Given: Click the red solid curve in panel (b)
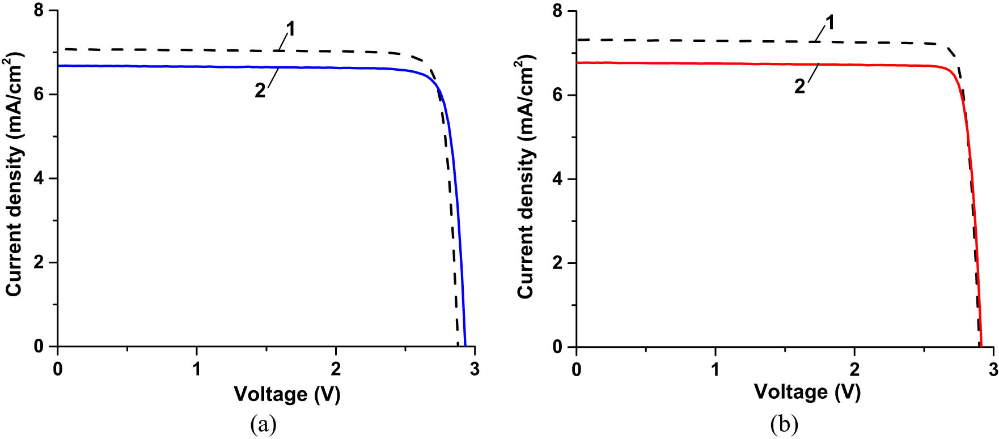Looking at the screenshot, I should (680, 63).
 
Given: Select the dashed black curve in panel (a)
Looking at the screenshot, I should (170, 50).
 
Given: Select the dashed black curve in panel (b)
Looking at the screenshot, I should (680, 41).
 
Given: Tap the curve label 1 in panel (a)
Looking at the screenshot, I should (290, 29).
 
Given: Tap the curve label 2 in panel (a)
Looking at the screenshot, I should (260, 90).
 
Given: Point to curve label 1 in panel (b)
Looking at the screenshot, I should (829, 23).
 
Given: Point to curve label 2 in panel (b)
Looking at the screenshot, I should (799, 86).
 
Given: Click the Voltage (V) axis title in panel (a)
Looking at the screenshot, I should (287, 394).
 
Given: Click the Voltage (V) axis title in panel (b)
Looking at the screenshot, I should (807, 391).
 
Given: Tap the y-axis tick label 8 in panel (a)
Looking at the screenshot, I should (39, 11).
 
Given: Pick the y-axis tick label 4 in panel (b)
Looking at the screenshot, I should (558, 179).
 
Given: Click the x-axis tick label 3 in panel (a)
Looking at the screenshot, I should (475, 369).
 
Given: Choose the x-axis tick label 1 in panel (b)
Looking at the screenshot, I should (715, 369).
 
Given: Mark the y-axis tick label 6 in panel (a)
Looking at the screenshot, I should (39, 95).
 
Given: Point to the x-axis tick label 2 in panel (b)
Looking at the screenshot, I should (854, 369).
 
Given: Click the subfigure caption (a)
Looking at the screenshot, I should (263, 424).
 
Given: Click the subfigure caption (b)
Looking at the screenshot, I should (784, 424).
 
